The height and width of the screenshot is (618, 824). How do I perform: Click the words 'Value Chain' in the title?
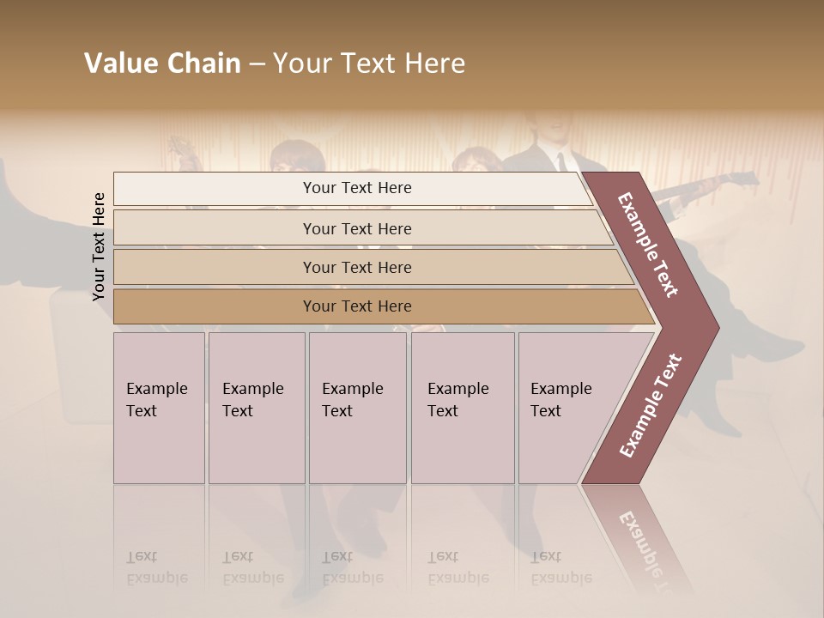[162, 64]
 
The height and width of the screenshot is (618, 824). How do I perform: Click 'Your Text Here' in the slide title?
[369, 64]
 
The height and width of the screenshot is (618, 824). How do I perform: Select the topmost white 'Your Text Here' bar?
[356, 188]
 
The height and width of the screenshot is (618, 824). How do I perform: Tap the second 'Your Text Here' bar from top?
[356, 228]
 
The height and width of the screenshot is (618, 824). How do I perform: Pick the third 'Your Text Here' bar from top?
[356, 267]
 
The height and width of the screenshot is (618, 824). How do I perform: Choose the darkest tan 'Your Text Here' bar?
[356, 306]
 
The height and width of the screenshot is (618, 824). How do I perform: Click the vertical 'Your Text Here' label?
[99, 246]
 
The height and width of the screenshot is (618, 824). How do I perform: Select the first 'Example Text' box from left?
[159, 408]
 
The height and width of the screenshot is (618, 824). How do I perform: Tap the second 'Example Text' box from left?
[256, 408]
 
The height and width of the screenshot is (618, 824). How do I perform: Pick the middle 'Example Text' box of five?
[357, 408]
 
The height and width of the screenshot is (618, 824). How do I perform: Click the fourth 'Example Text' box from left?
[462, 408]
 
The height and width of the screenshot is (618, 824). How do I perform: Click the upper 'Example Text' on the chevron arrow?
[648, 245]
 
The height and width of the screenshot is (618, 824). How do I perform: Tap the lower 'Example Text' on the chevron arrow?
[650, 405]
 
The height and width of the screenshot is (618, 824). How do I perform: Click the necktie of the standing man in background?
[560, 161]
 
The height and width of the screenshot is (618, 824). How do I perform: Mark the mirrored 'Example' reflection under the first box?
[156, 578]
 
